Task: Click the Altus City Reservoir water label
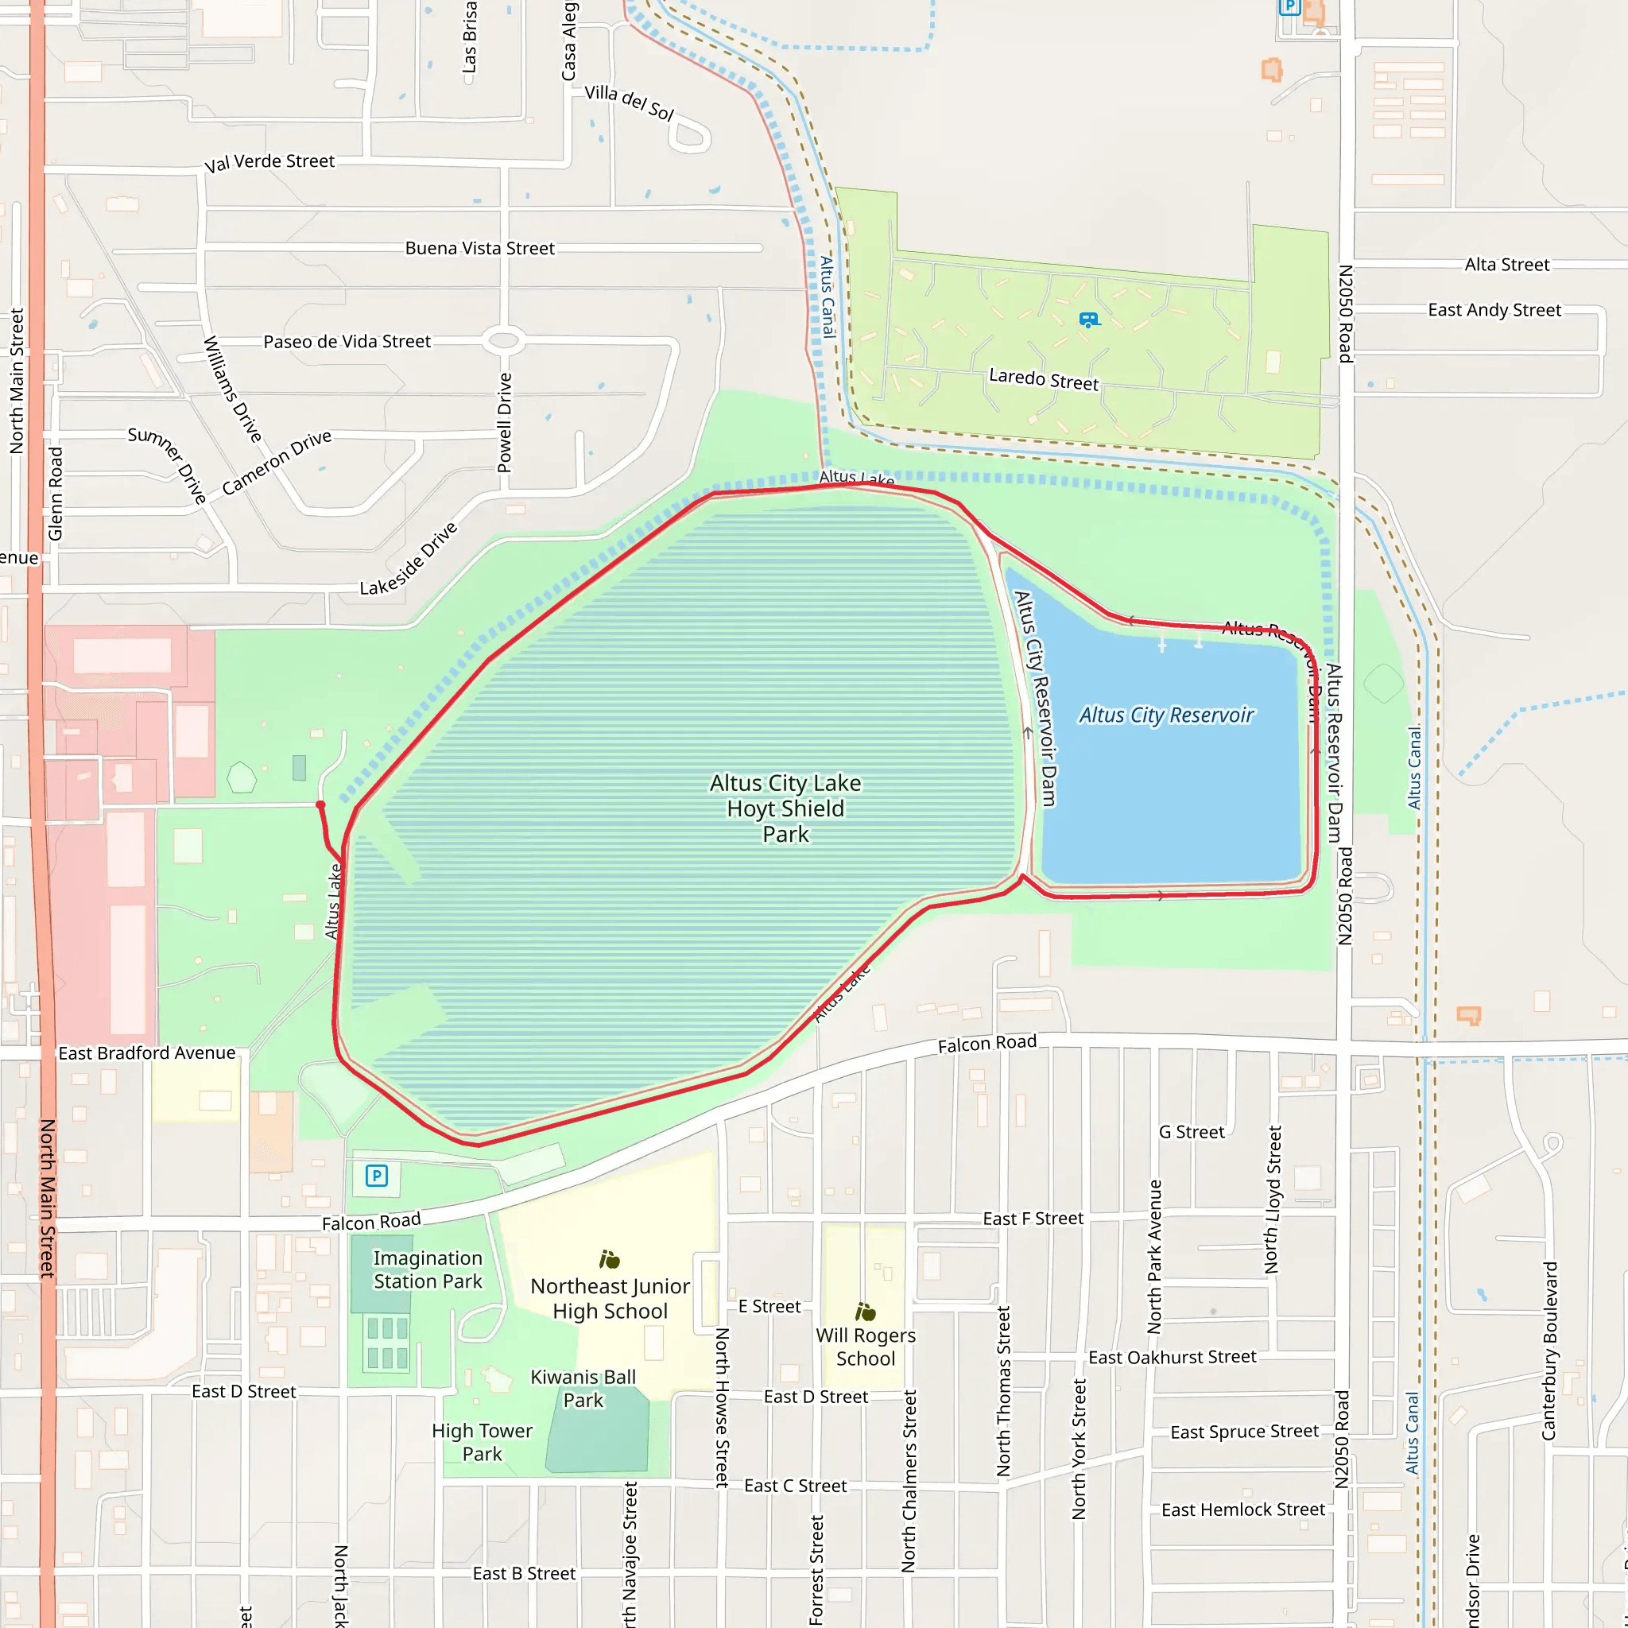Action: tap(1166, 715)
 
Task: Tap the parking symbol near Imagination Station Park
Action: tap(377, 1176)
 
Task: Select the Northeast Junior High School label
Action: tap(610, 1299)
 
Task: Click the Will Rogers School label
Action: tap(866, 1347)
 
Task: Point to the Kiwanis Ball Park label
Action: tap(583, 1388)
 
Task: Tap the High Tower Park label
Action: tap(482, 1442)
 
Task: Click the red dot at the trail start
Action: tap(320, 805)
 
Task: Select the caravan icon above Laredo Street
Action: tap(1089, 320)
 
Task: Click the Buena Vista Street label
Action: tap(479, 249)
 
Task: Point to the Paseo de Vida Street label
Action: tap(347, 341)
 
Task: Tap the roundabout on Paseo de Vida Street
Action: tap(504, 341)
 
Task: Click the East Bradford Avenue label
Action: tap(146, 1053)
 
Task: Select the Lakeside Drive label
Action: tap(409, 559)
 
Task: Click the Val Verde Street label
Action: tap(269, 162)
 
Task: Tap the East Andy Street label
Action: tap(1494, 310)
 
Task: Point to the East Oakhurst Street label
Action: tap(1173, 1358)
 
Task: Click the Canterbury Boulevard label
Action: tap(1549, 1350)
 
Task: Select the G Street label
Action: tap(1192, 1132)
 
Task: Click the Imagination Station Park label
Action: tap(428, 1269)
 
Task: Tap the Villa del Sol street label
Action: tap(630, 102)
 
